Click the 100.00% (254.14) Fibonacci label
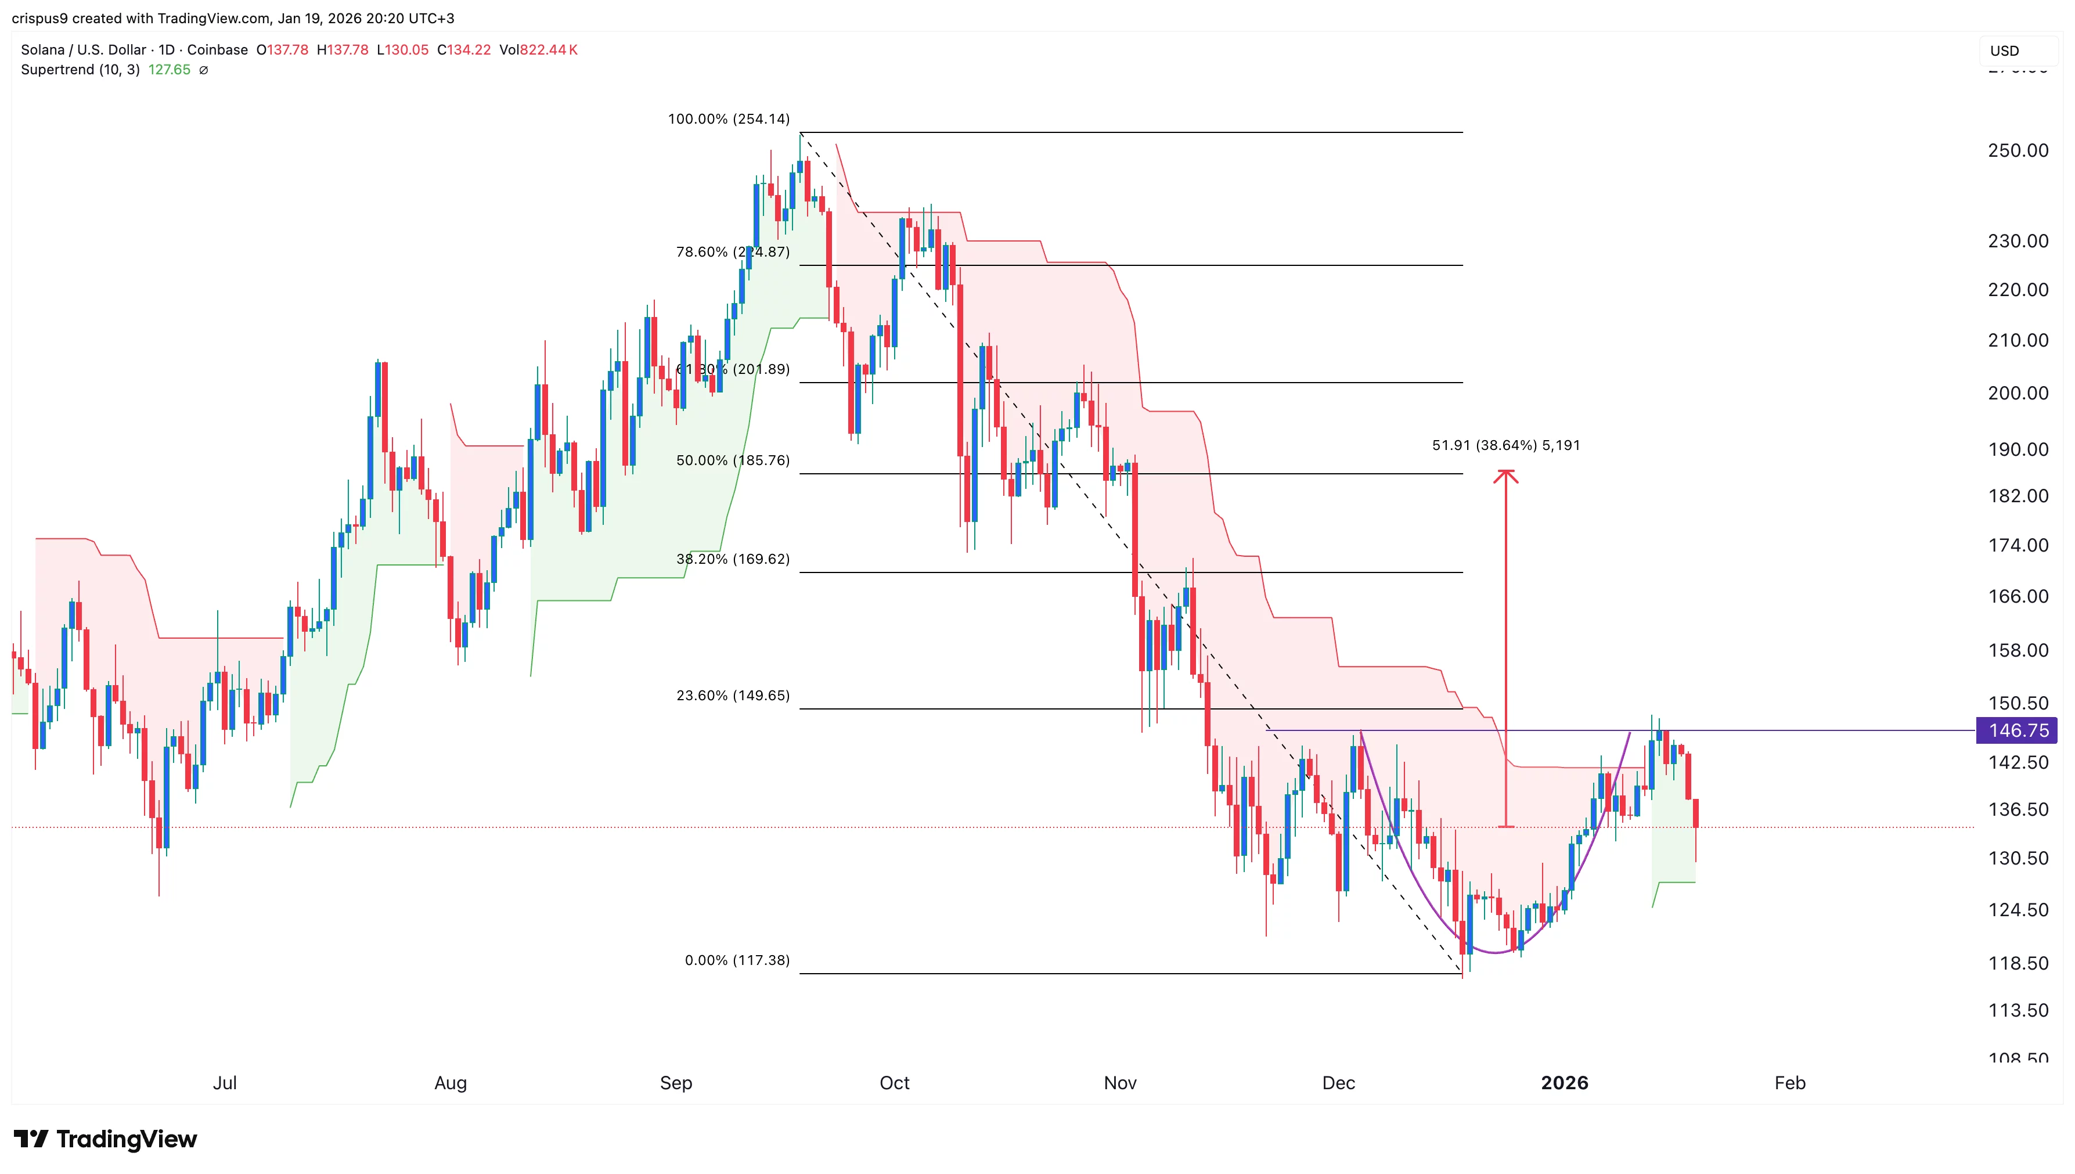tap(728, 120)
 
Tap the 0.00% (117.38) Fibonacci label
tap(737, 960)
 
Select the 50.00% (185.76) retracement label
tap(732, 460)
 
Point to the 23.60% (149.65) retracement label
tap(732, 695)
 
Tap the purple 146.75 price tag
tap(2017, 730)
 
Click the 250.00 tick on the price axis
tap(2017, 151)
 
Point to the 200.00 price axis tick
tap(2017, 394)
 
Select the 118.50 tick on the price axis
tap(2017, 964)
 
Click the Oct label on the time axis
tap(894, 1083)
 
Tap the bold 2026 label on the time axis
tap(1564, 1083)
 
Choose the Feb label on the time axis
tap(1789, 1083)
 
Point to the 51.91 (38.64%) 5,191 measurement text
tap(1505, 445)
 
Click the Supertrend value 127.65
tap(170, 70)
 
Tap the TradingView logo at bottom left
tap(106, 1139)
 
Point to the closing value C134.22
tap(463, 50)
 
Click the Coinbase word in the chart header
tap(218, 50)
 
